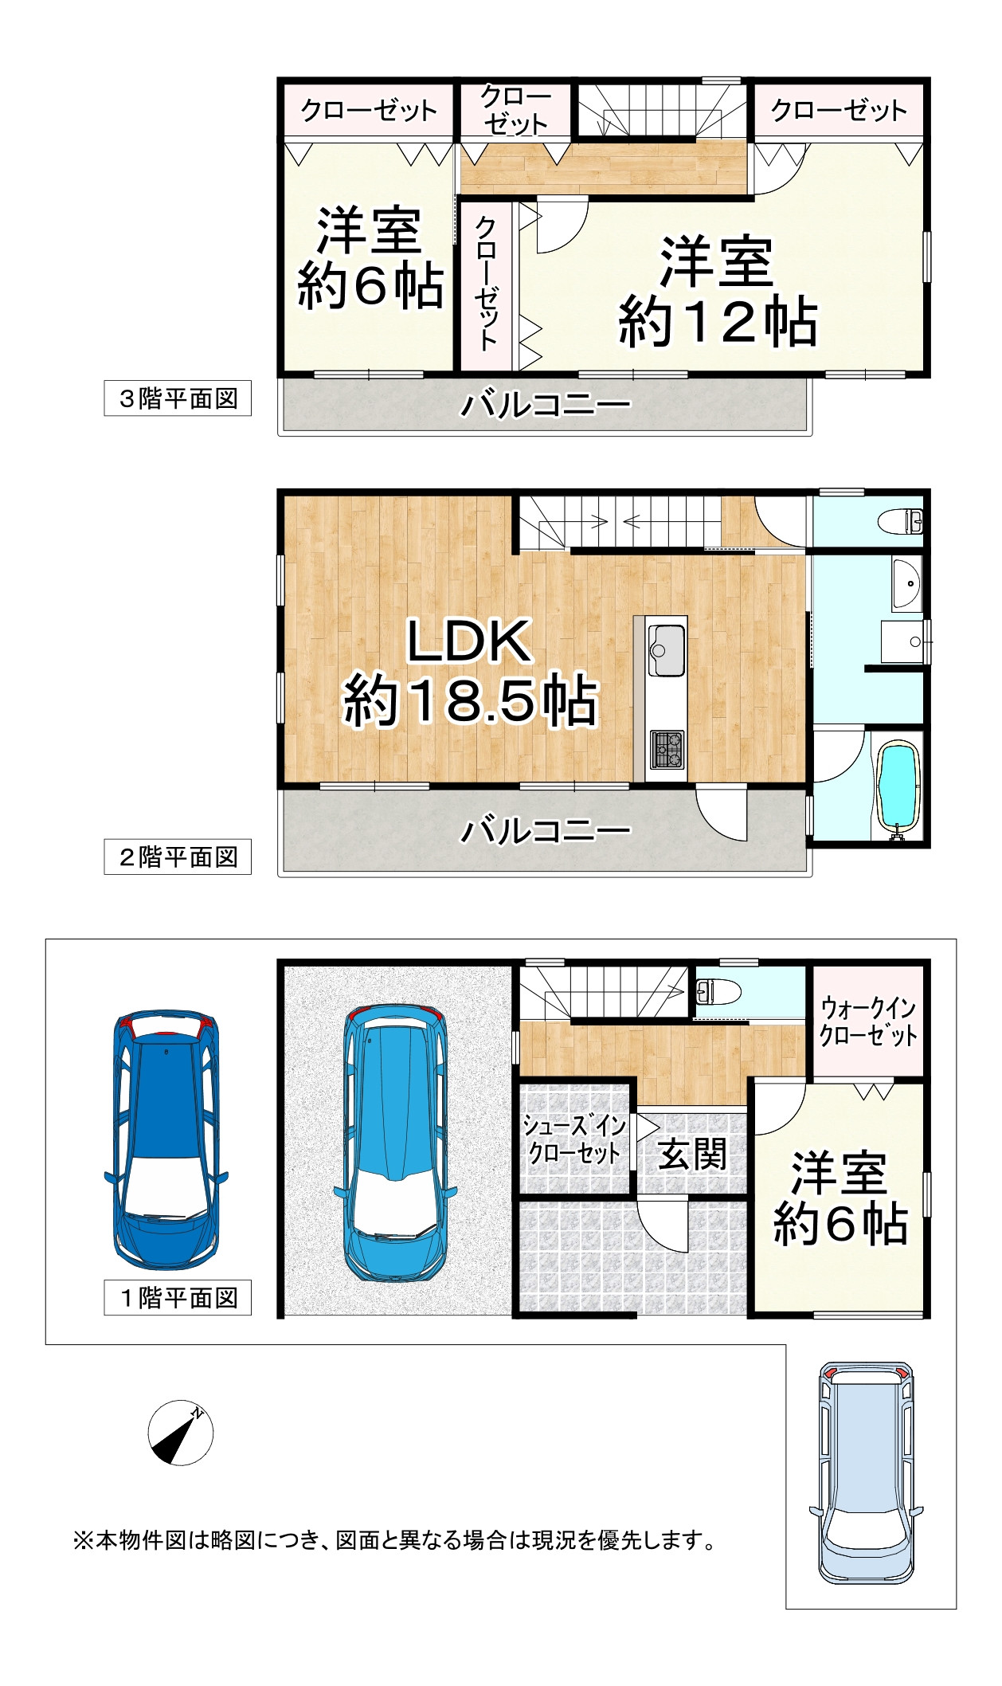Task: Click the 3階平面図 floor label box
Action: coord(178,398)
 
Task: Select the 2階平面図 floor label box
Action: coord(178,857)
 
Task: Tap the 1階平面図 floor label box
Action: coord(178,1298)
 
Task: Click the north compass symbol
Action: coord(181,1432)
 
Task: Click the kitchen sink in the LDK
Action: coord(666,650)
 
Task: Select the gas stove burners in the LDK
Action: coord(667,750)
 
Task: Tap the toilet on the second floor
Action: coord(901,523)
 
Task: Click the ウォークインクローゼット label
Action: coord(868,1021)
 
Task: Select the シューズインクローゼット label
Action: coord(574,1139)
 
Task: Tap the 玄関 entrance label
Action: coord(692,1155)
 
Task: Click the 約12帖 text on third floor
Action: coord(718,321)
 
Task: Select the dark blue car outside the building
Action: coord(166,1141)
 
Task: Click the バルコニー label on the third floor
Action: coord(545,405)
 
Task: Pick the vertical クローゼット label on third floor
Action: coord(486,284)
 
